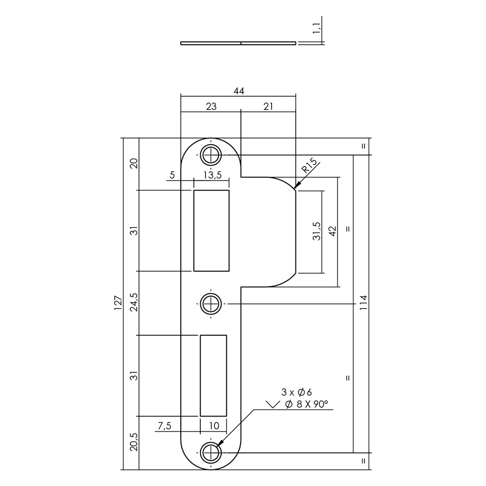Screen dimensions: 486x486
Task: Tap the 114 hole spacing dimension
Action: pyautogui.click(x=363, y=302)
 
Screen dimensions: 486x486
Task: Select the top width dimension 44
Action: pyautogui.click(x=239, y=91)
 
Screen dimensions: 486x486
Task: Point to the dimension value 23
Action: pyautogui.click(x=211, y=106)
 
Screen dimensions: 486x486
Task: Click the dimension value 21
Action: pyautogui.click(x=268, y=106)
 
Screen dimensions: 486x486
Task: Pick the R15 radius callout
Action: pyautogui.click(x=310, y=165)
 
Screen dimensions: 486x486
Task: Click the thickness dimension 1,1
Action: pyautogui.click(x=316, y=28)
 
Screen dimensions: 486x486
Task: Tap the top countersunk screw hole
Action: pyautogui.click(x=211, y=155)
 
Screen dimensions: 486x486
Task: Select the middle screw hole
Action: pyautogui.click(x=211, y=304)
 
